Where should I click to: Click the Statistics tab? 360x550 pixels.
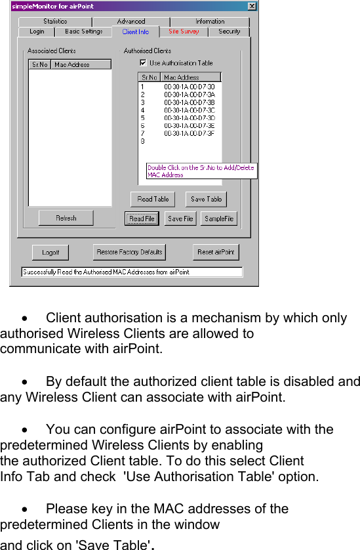(55, 22)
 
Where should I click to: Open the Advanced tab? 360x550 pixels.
(131, 22)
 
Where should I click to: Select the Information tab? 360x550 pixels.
(209, 22)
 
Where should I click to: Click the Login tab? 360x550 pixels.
(37, 32)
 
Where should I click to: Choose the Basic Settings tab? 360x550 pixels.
(83, 32)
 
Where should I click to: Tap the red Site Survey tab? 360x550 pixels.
(184, 32)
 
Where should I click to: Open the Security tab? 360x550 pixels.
(229, 32)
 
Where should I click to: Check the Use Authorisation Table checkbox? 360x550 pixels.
(143, 63)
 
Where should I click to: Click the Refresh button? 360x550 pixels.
(66, 218)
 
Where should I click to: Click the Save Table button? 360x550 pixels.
(206, 199)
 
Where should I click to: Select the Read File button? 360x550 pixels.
(142, 219)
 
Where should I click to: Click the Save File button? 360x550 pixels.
(180, 219)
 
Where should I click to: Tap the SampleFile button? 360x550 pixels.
(219, 219)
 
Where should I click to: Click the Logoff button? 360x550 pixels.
(50, 252)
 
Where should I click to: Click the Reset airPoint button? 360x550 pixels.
(216, 252)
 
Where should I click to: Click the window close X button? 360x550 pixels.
(252, 7)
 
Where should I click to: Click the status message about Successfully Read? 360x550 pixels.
(131, 272)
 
